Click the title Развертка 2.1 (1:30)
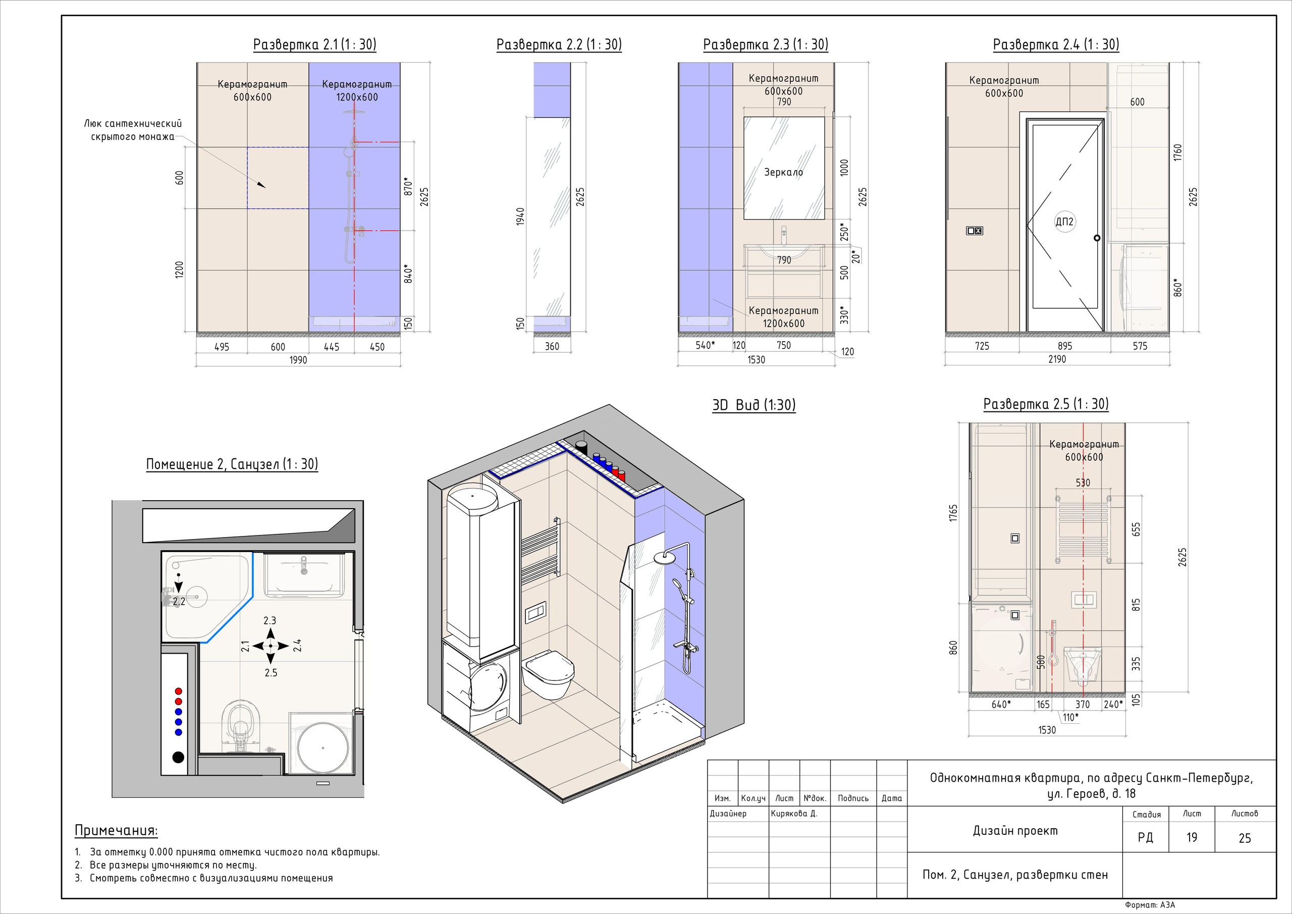[x=314, y=44]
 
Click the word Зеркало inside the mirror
[x=783, y=172]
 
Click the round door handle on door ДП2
[x=1097, y=238]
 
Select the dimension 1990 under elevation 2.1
[x=298, y=360]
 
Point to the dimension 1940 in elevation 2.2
[x=520, y=217]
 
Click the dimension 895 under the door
[x=1065, y=346]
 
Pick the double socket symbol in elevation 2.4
[x=974, y=231]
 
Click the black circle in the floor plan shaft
[x=178, y=757]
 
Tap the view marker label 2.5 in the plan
[x=271, y=673]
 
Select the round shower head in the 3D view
[x=665, y=557]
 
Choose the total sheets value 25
[x=1245, y=838]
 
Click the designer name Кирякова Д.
[x=793, y=813]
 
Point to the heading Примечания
[x=117, y=831]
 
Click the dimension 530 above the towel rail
[x=1083, y=483]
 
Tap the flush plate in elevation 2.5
[x=1084, y=600]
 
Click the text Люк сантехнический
[x=133, y=123]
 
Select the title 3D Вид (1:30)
[x=754, y=405]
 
